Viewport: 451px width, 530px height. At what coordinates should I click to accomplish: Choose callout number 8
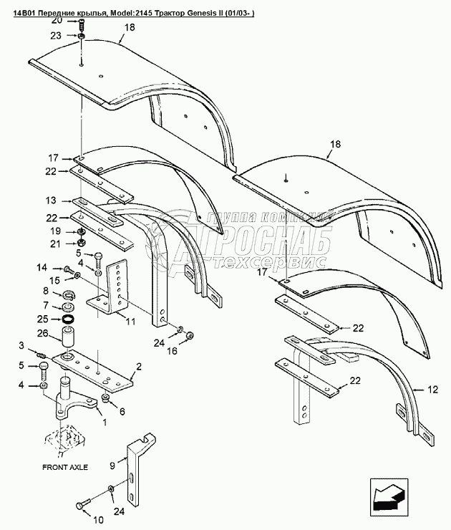(x=47, y=291)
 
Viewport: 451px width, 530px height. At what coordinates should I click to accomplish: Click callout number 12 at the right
(x=431, y=390)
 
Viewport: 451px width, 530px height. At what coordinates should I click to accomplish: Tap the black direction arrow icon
(x=387, y=495)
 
